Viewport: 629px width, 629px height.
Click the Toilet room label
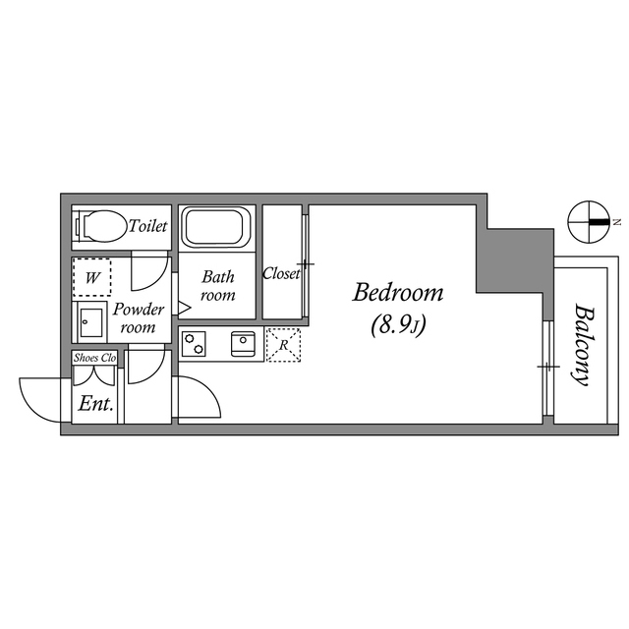pos(148,227)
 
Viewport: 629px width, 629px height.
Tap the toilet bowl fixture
pos(101,227)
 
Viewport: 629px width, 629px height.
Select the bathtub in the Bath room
pos(217,227)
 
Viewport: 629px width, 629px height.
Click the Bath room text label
pos(217,286)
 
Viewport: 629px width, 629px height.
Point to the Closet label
pos(281,274)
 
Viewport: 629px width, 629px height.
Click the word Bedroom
pos(398,293)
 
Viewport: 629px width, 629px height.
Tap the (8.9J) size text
pos(398,325)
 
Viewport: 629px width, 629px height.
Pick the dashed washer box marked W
pos(91,277)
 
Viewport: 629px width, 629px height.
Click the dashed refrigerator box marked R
pos(284,344)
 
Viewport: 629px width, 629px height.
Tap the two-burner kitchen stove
pos(194,344)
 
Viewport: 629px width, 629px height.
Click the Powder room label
pos(138,317)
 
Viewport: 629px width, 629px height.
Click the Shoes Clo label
pos(95,358)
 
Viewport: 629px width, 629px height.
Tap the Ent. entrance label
pos(95,404)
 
